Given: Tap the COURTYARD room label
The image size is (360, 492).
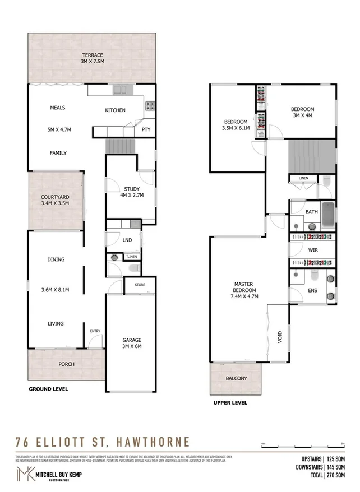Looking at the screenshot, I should (55, 197).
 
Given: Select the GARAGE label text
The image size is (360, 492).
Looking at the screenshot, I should (132, 340).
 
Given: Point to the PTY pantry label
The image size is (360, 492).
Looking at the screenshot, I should (145, 130).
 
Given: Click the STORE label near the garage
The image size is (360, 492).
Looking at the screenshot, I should (139, 285).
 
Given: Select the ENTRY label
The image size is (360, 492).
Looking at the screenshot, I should (95, 332).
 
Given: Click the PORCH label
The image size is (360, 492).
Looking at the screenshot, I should (66, 364).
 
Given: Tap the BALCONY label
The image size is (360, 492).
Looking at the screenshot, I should (236, 379).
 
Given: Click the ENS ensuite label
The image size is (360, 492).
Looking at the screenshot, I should (312, 291).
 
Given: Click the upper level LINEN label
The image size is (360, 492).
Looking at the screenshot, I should (303, 178).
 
